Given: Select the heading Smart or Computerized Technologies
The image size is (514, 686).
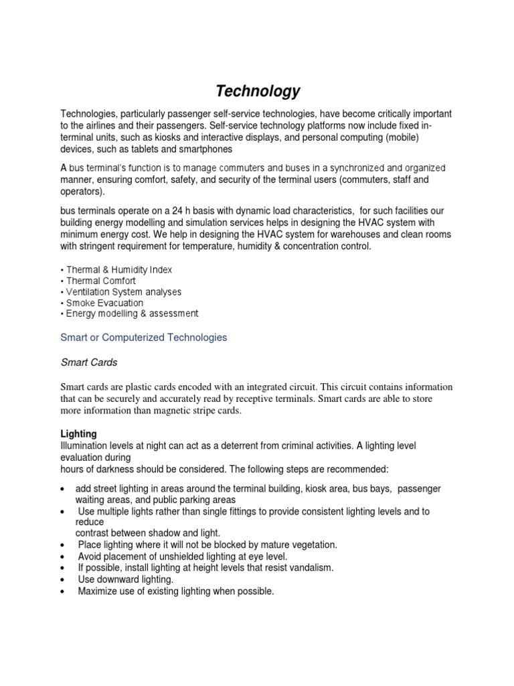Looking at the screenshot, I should point(144,338).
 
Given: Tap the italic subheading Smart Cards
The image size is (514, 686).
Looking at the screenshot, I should point(89,362).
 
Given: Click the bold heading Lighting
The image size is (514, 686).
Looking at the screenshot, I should point(78,434).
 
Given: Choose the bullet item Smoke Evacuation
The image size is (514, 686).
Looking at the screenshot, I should point(104,303).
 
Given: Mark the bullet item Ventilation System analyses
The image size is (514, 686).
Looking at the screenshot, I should point(123,292).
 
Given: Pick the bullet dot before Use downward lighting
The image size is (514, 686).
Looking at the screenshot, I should point(62,579).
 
